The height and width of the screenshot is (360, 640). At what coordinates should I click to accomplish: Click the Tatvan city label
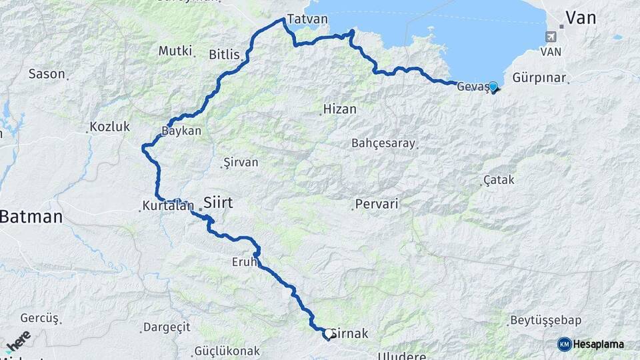tap(307, 19)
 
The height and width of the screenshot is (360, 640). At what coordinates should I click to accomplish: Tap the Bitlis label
tap(224, 54)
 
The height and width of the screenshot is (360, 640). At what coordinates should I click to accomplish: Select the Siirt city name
tap(218, 202)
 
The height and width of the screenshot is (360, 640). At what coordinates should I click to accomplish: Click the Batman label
tap(31, 217)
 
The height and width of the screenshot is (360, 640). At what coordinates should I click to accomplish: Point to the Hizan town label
tap(339, 109)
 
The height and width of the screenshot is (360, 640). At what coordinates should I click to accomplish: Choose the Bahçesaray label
tap(383, 143)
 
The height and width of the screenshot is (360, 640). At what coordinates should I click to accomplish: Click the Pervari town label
tap(377, 204)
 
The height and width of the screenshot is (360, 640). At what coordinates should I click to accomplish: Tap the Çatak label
tap(499, 180)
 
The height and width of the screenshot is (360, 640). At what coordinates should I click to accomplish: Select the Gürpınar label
tap(539, 78)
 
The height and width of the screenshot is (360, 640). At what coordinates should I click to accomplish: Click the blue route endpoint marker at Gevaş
tap(493, 86)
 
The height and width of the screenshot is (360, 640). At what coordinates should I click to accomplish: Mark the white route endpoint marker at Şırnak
tap(328, 333)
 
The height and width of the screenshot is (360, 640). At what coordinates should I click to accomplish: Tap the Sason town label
tap(47, 73)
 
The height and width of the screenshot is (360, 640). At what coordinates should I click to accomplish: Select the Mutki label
tap(175, 51)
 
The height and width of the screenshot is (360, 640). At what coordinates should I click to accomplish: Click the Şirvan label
tap(241, 162)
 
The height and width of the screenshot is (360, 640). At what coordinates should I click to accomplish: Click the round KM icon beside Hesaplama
tap(564, 344)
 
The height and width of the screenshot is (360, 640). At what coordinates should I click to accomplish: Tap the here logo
tap(18, 340)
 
